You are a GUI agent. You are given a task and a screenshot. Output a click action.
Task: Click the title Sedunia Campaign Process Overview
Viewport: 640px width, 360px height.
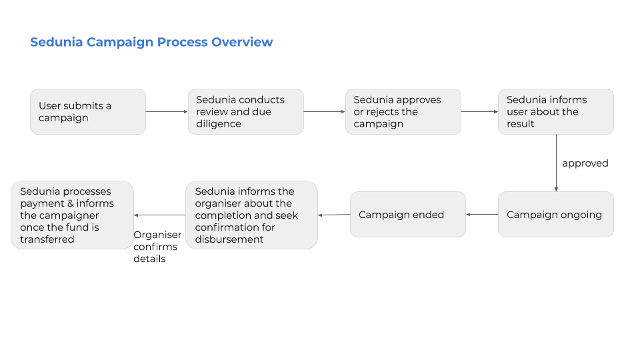(151, 42)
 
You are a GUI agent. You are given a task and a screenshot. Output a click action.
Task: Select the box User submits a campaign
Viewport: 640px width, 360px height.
(88, 112)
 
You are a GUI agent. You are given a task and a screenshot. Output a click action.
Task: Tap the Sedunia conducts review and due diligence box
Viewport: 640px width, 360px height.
(246, 112)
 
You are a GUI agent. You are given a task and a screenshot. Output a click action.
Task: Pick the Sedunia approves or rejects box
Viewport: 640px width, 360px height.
(403, 112)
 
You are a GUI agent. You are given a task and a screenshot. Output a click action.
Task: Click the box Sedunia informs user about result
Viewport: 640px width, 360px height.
(556, 112)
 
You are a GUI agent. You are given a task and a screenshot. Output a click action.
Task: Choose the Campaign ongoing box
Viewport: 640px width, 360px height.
(556, 214)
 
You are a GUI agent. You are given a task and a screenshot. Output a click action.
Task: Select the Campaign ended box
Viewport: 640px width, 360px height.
(408, 214)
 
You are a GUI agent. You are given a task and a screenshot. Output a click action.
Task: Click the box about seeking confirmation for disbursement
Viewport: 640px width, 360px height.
(251, 215)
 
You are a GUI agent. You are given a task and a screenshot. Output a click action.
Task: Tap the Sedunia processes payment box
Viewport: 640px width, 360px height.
(72, 215)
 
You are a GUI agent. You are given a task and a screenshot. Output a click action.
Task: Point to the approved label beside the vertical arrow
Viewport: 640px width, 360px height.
(585, 163)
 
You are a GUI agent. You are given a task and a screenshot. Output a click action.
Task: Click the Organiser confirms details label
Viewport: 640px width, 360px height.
(157, 247)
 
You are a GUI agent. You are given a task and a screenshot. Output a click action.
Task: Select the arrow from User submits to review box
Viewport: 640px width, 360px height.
(167, 111)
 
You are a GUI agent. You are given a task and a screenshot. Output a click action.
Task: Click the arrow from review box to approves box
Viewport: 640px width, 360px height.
(325, 111)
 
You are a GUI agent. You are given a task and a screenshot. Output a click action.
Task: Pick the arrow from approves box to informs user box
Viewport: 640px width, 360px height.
(479, 111)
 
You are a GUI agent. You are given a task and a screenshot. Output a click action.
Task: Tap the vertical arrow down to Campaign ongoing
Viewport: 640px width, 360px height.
(556, 163)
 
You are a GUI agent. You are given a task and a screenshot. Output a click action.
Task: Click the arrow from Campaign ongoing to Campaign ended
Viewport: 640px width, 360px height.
(482, 214)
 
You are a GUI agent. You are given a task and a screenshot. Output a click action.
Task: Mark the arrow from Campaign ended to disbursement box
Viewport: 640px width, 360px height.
(334, 215)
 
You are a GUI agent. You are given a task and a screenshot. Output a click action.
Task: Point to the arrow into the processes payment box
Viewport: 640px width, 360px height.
(159, 215)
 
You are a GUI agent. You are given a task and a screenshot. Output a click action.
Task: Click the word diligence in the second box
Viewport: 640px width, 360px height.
(219, 124)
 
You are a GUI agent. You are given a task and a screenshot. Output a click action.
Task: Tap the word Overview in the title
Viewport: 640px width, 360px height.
(242, 41)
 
